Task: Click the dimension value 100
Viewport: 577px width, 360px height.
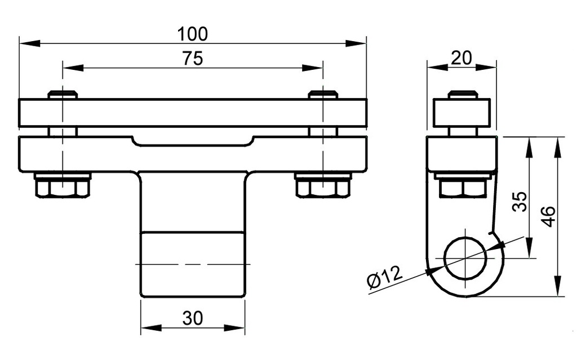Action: pyautogui.click(x=192, y=34)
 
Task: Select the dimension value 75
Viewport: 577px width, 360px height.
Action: pyautogui.click(x=192, y=59)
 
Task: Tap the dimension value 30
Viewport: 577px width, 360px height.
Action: pyautogui.click(x=192, y=319)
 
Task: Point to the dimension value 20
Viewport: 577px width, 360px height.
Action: pyautogui.click(x=461, y=57)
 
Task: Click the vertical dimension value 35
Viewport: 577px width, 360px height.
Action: pyautogui.click(x=521, y=201)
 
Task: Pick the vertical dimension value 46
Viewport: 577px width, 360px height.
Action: pyautogui.click(x=549, y=216)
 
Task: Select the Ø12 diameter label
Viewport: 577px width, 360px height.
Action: pyautogui.click(x=385, y=278)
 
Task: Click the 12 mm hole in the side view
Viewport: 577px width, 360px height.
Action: pyautogui.click(x=465, y=259)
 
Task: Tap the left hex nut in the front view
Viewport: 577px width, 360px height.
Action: pyautogui.click(x=63, y=185)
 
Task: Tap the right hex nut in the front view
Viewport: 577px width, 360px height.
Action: pyautogui.click(x=323, y=185)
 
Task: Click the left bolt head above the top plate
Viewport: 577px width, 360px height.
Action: pyautogui.click(x=63, y=95)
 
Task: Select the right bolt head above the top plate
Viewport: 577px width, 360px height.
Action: pyautogui.click(x=323, y=95)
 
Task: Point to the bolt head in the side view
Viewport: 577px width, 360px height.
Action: pyautogui.click(x=462, y=95)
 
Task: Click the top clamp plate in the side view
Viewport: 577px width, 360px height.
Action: pyautogui.click(x=462, y=113)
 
